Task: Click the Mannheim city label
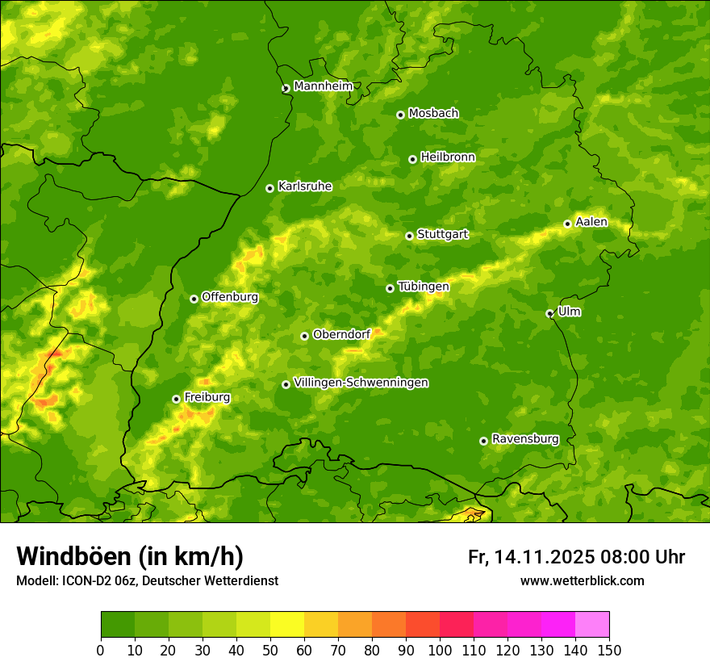pos(323,86)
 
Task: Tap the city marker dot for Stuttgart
pos(409,236)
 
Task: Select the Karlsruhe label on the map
pos(304,186)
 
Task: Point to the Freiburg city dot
pos(176,399)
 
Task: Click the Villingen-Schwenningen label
pos(361,383)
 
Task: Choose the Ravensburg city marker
pos(483,441)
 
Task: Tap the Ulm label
pos(569,312)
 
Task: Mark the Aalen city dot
pos(567,224)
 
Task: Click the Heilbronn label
pos(448,157)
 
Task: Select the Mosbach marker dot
pos(400,115)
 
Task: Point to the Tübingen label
pos(424,287)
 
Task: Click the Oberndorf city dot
pos(304,336)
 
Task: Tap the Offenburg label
pos(230,297)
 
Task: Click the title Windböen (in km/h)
pos(130,556)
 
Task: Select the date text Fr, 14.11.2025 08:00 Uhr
pos(576,557)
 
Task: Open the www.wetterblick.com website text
pos(582,580)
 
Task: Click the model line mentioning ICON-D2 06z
pos(147,580)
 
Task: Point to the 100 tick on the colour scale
pos(440,650)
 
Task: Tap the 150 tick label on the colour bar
pos(609,650)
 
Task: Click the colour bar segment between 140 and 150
pos(592,624)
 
